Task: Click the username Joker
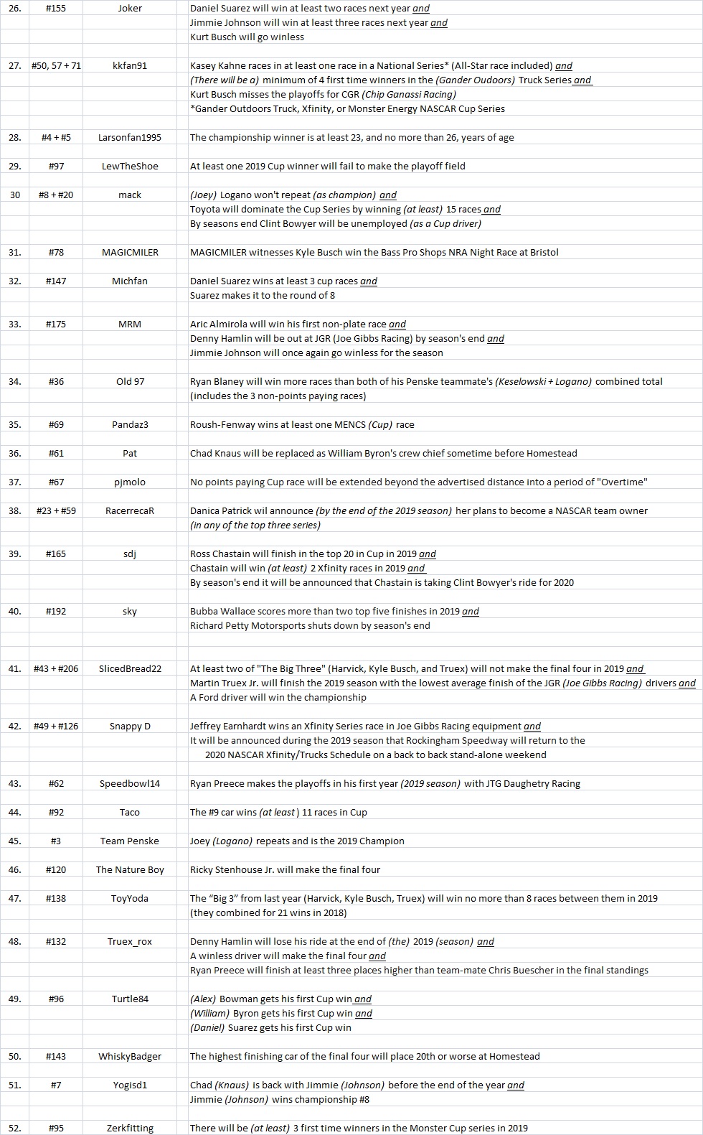[130, 9]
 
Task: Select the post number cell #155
[56, 9]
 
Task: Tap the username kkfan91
[130, 66]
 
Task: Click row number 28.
[15, 138]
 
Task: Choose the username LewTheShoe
[130, 167]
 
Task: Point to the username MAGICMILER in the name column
[130, 253]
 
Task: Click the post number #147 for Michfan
[56, 281]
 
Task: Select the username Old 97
[130, 382]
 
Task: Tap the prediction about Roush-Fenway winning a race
[302, 425]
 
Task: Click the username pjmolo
[130, 482]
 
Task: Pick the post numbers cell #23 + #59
[56, 511]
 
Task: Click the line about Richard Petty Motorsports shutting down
[310, 626]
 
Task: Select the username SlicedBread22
[130, 669]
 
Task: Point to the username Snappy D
[130, 727]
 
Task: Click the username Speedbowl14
[130, 784]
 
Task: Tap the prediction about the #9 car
[278, 813]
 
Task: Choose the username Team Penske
[130, 841]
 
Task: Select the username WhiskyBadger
[130, 1057]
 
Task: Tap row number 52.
[15, 1129]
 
